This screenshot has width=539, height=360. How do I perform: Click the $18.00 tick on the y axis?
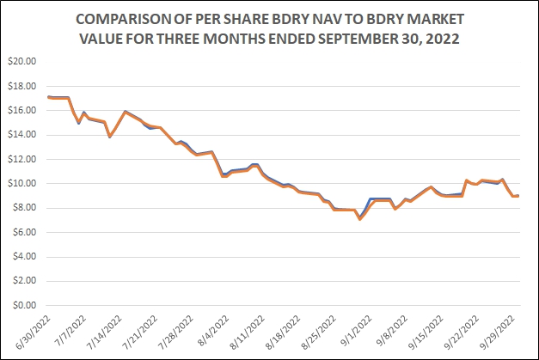(x=23, y=86)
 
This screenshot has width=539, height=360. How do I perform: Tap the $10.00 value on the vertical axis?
(x=23, y=183)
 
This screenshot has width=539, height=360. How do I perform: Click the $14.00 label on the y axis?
(x=23, y=135)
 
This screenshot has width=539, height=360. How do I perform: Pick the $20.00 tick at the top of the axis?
(x=23, y=62)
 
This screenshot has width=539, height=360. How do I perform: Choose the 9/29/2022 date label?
(x=499, y=331)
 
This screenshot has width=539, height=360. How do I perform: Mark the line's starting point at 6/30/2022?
(x=48, y=97)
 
